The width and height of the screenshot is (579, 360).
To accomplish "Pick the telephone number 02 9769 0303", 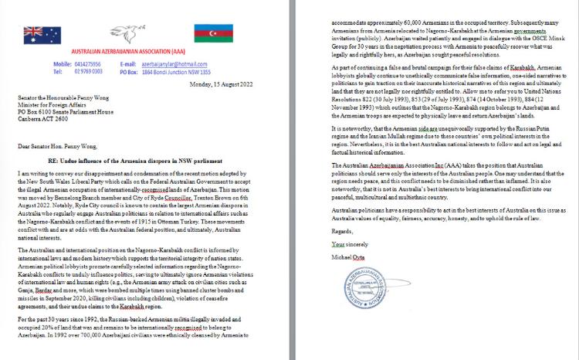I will coord(87,70).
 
